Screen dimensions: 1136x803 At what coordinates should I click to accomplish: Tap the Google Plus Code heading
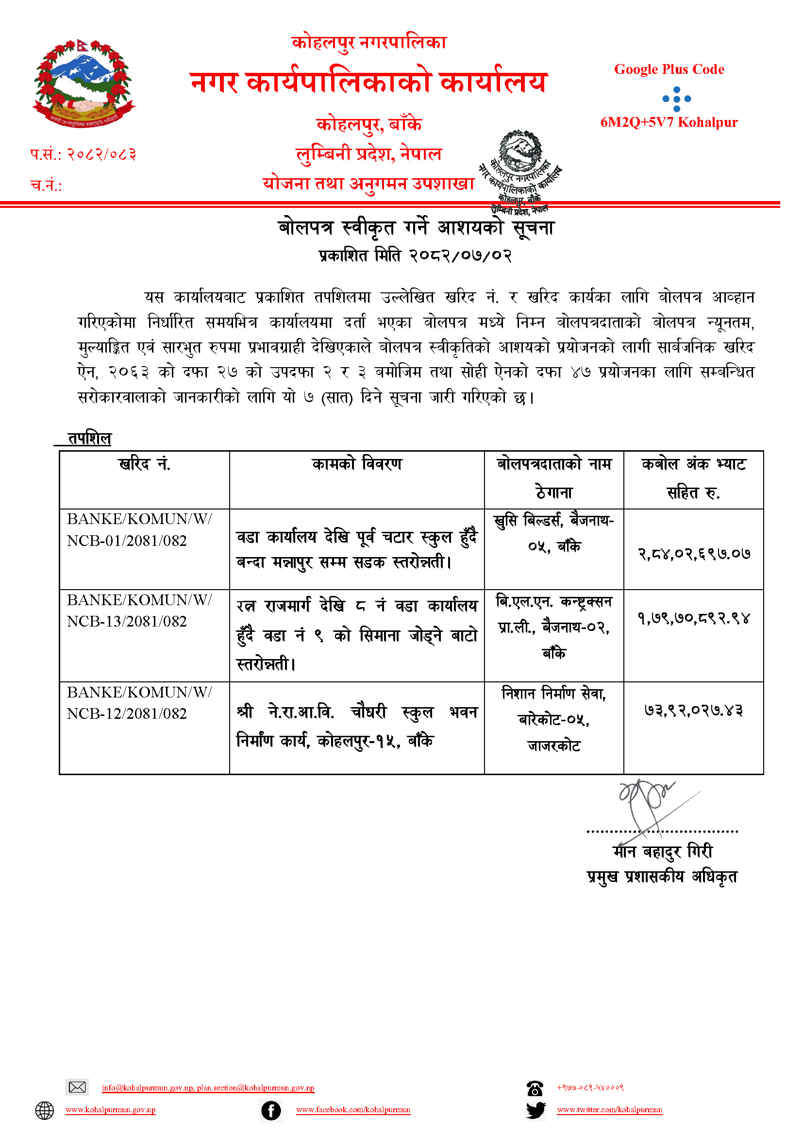[x=669, y=69]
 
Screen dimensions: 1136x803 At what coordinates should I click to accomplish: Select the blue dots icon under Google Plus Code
[x=676, y=99]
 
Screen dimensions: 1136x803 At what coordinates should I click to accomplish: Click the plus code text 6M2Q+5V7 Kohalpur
[x=669, y=122]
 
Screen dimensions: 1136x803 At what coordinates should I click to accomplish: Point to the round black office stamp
[x=520, y=170]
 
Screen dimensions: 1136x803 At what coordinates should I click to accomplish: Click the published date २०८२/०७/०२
[x=460, y=256]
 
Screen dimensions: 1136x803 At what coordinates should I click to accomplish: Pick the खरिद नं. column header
[x=144, y=464]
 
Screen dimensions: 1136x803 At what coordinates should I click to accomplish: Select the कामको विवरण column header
[x=356, y=464]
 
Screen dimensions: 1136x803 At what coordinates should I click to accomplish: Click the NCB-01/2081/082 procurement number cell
[x=139, y=530]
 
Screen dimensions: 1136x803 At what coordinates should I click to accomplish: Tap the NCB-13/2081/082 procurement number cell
[x=139, y=610]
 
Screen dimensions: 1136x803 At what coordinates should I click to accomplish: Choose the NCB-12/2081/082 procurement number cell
[x=139, y=703]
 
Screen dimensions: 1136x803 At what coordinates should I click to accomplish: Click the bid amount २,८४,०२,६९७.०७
[x=694, y=554]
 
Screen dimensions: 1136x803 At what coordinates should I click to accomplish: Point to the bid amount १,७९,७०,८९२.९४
[x=694, y=618]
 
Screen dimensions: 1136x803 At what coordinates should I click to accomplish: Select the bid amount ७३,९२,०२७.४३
[x=694, y=711]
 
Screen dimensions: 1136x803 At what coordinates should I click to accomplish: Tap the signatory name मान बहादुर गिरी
[x=663, y=851]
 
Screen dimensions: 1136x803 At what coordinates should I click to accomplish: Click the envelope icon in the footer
[x=77, y=1087]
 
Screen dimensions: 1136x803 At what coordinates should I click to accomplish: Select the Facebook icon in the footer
[x=271, y=1110]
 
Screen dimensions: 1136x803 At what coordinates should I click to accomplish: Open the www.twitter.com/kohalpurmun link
[x=609, y=1110]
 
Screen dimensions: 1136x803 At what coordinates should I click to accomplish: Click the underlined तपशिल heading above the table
[x=89, y=439]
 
